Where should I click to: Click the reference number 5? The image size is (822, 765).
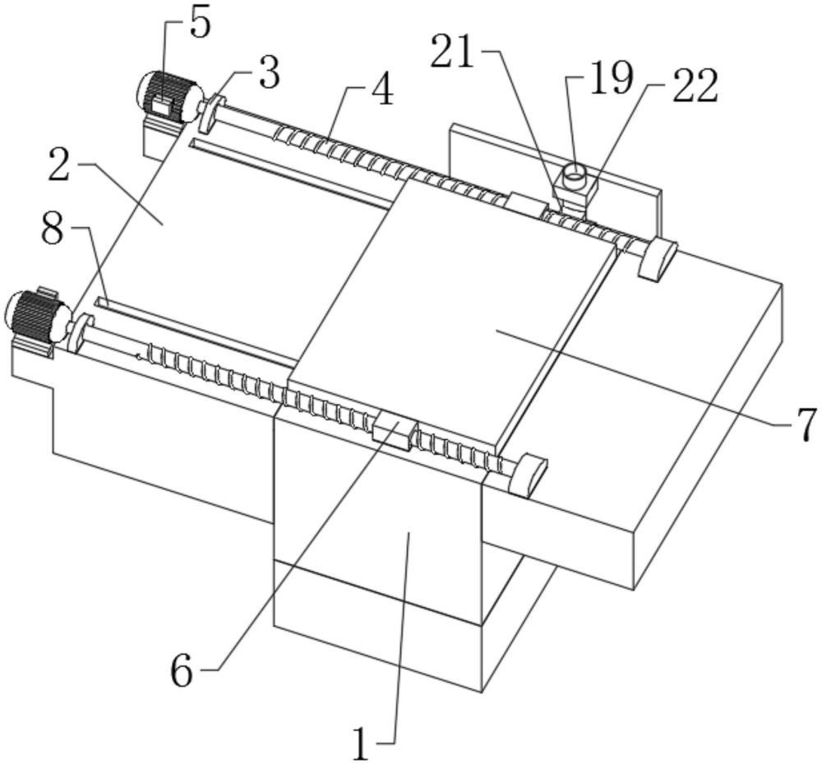(200, 24)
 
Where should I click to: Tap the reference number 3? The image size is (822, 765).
(268, 73)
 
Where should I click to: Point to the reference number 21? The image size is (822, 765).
(453, 53)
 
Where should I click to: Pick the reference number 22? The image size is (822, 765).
(695, 86)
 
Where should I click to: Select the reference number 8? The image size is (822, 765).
(53, 229)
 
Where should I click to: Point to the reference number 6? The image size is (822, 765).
(182, 670)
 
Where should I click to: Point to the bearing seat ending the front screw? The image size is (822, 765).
(527, 475)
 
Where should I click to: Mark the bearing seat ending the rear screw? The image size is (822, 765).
(658, 259)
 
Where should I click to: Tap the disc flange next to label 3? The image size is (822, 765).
(211, 114)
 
